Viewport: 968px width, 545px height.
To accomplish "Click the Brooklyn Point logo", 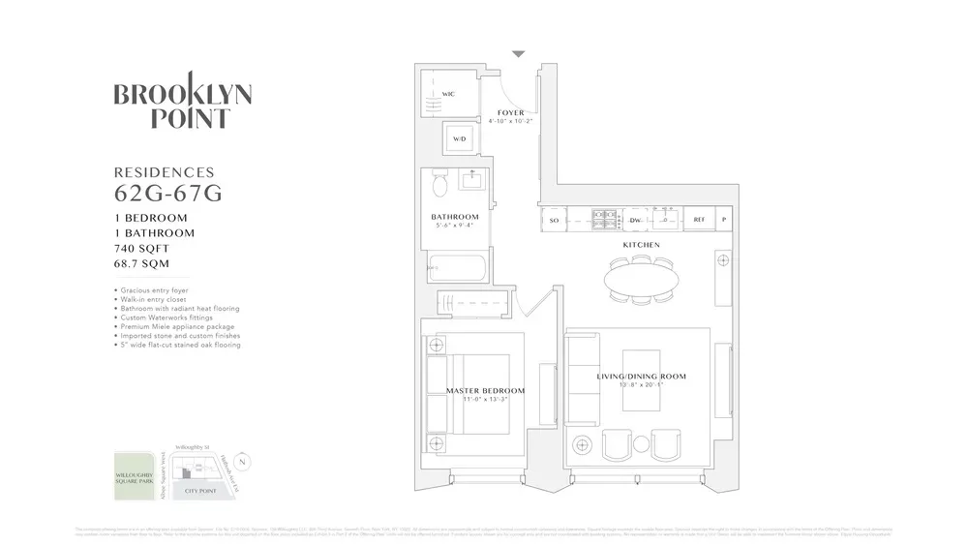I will (x=182, y=106).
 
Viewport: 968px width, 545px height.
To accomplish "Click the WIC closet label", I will (x=448, y=94).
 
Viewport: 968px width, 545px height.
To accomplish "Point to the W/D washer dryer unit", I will (x=459, y=139).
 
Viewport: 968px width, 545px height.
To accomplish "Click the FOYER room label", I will (x=510, y=113).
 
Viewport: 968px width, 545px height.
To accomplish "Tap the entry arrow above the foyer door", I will (x=519, y=54).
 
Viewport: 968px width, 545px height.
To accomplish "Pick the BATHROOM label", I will (x=455, y=217).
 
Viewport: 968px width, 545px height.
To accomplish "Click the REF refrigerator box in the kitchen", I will (x=699, y=221).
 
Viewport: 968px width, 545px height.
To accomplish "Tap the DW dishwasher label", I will (x=636, y=221).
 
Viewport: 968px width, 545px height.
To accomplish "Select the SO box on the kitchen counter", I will (x=555, y=221).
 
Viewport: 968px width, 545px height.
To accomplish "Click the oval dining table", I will (x=641, y=281).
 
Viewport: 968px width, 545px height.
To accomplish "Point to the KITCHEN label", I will (x=641, y=245).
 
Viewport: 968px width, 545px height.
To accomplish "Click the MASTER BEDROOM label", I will (x=485, y=391).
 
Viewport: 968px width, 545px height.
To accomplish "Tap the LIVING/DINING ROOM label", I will (x=640, y=376).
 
